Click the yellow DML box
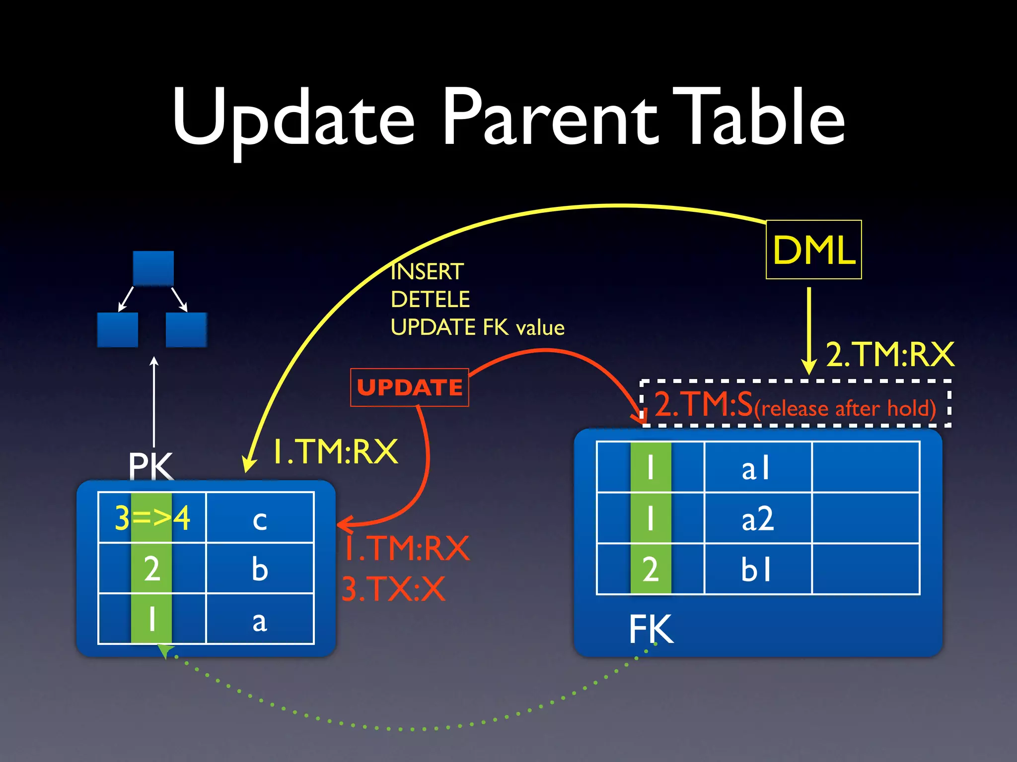[x=813, y=250]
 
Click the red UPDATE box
[x=409, y=387]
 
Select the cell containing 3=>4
[x=152, y=518]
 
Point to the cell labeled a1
[x=757, y=468]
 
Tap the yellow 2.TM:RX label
[x=889, y=355]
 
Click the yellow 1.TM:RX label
[x=336, y=452]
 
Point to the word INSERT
[x=427, y=272]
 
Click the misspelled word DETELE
[x=430, y=300]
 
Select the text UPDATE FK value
[x=477, y=327]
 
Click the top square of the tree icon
[x=153, y=268]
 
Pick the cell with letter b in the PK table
[x=260, y=569]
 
